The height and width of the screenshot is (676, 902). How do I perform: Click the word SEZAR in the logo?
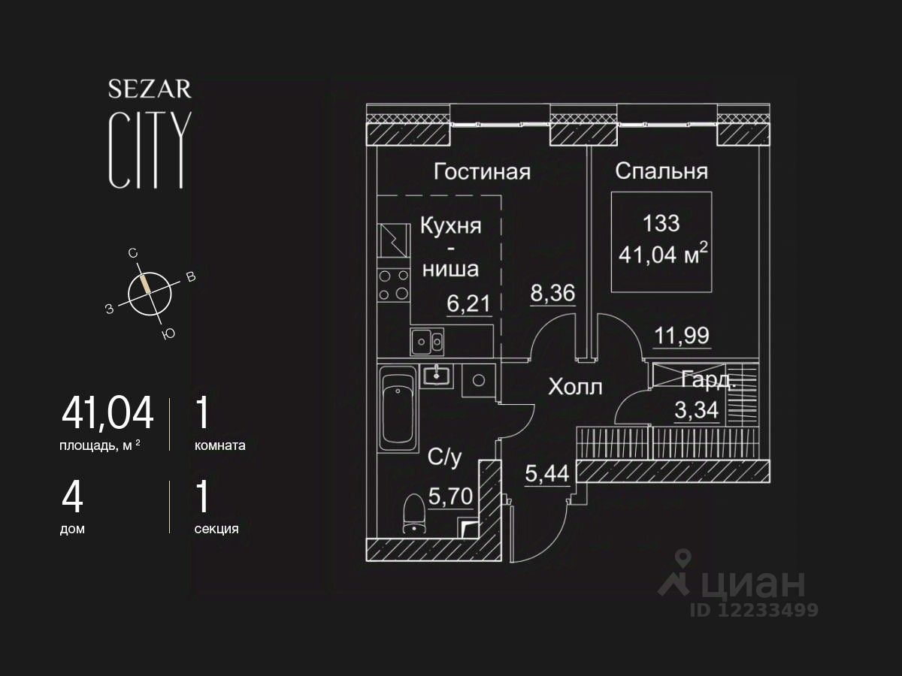point(150,90)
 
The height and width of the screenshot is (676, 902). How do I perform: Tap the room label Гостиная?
point(482,172)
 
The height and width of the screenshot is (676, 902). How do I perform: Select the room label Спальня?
point(661,171)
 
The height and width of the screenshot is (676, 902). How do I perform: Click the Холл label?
point(575,388)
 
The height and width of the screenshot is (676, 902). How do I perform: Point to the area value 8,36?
point(552,294)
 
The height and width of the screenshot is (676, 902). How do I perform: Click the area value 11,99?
point(681,336)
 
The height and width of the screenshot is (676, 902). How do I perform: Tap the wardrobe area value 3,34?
point(697,412)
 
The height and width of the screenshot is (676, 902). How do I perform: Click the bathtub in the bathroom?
point(398,409)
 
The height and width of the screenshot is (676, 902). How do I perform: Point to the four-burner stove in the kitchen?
point(393,285)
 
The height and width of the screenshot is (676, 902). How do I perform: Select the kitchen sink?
point(427,342)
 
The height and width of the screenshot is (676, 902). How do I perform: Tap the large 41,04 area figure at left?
point(107,412)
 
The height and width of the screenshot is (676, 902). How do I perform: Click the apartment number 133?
point(661,223)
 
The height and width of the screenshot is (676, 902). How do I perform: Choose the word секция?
point(216,529)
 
